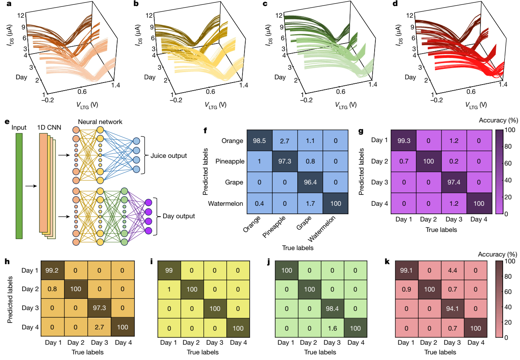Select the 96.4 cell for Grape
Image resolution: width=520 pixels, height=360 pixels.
pyautogui.click(x=310, y=182)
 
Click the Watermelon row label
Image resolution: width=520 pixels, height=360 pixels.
pyautogui.click(x=226, y=203)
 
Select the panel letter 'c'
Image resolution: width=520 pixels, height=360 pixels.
pyautogui.click(x=264, y=5)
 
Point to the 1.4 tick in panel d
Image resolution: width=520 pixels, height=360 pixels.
pyautogui.click(x=501, y=85)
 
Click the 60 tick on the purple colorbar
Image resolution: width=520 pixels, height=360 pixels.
pyautogui.click(x=509, y=163)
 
